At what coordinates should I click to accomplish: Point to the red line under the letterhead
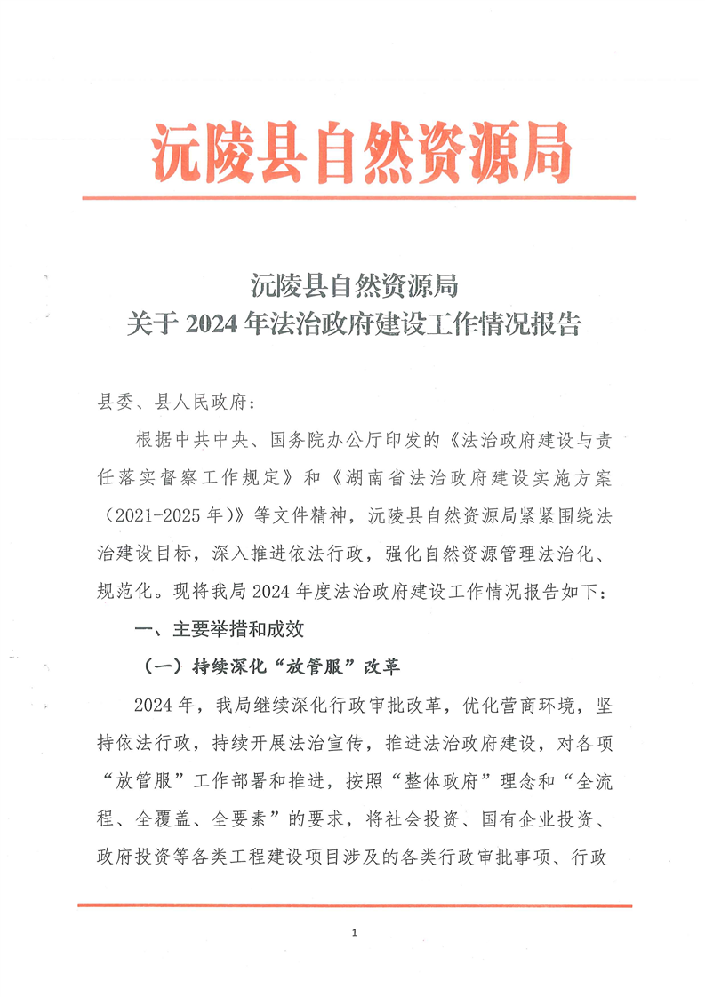(358, 197)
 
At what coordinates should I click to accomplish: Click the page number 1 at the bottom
(354, 933)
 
